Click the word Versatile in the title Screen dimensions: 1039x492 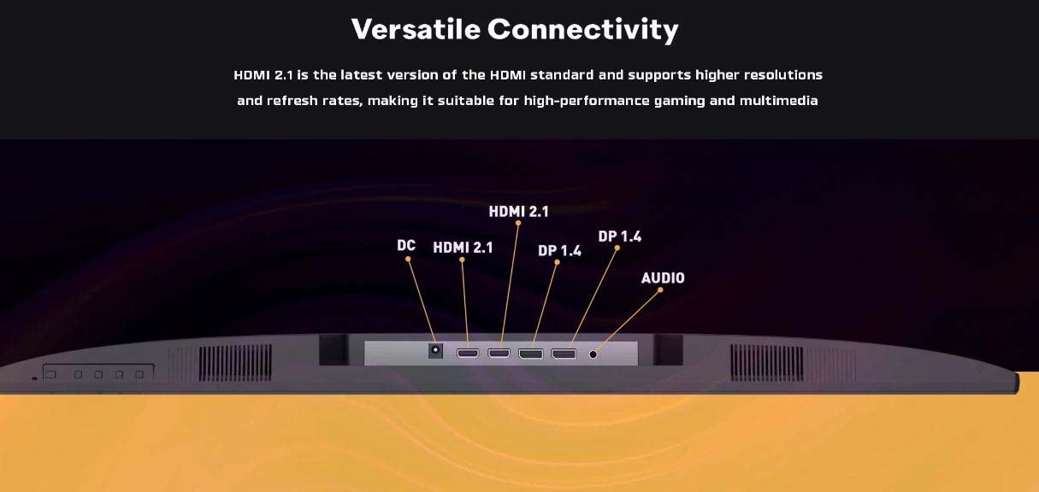416,29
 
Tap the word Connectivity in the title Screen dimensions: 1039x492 582,31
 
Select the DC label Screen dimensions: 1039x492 406,245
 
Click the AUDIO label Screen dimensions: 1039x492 663,278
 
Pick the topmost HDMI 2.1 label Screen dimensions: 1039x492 518,211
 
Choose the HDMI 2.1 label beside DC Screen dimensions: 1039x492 463,248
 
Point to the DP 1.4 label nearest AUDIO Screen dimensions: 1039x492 620,237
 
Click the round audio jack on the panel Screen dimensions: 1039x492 593,354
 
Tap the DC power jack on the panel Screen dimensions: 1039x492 435,351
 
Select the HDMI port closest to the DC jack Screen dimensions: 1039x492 468,354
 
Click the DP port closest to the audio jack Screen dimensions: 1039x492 564,354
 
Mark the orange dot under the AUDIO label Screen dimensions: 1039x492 660,290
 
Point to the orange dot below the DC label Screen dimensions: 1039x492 408,259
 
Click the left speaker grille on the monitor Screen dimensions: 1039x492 236,363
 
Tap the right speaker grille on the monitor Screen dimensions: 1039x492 767,363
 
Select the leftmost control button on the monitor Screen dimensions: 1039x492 51,374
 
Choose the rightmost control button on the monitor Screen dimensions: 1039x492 139,374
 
